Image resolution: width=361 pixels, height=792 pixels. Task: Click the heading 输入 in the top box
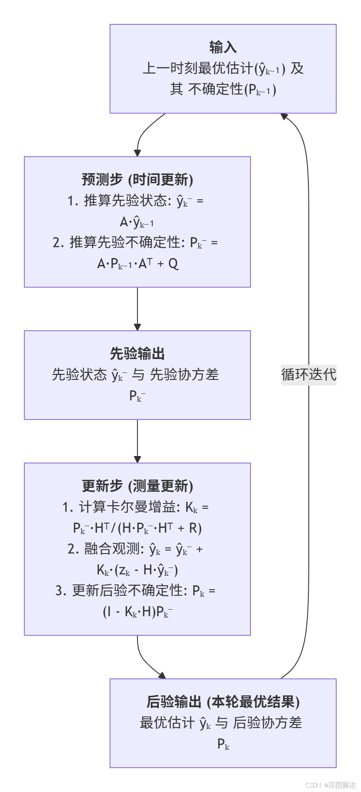click(223, 47)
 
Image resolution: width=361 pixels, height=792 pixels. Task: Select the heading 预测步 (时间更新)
click(137, 179)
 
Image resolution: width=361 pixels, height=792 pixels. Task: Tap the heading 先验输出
click(137, 353)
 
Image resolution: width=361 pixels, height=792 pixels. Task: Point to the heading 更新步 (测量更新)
click(137, 486)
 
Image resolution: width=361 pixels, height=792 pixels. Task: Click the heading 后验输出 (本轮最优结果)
click(223, 701)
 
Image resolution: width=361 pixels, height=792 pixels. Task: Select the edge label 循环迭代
click(308, 374)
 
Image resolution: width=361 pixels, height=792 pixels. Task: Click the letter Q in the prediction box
click(173, 264)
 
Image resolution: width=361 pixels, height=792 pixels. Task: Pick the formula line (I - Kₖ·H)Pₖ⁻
click(137, 612)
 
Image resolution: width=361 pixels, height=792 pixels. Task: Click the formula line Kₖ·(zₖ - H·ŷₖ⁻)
click(137, 570)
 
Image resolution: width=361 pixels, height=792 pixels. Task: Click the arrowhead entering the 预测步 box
click(137, 153)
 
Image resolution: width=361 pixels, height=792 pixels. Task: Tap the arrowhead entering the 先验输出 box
click(137, 327)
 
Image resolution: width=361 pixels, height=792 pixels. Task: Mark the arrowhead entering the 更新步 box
click(137, 459)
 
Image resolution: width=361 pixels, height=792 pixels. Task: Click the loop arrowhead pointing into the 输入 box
click(284, 116)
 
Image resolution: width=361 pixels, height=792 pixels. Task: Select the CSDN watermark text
click(331, 785)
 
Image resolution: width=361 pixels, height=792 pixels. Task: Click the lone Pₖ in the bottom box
click(223, 744)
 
